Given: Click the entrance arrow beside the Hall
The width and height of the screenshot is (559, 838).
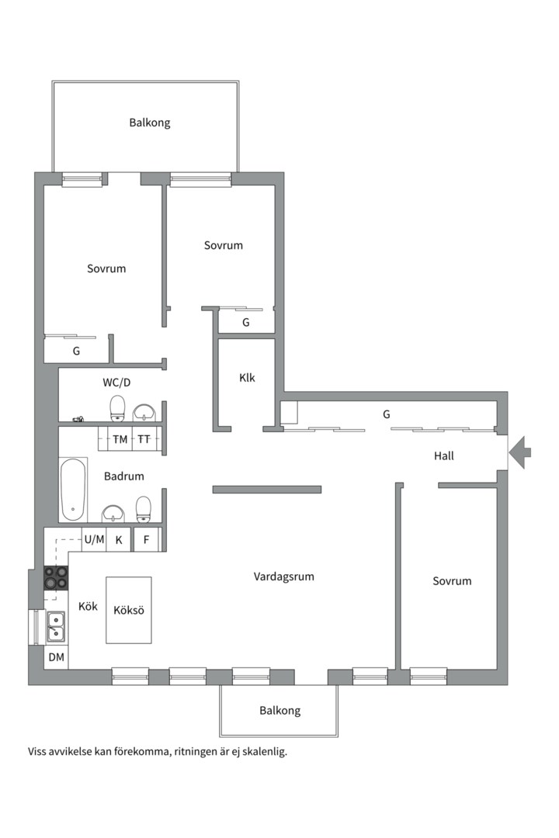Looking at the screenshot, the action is coord(519,452).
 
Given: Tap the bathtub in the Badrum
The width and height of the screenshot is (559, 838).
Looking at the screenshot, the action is coord(73,489).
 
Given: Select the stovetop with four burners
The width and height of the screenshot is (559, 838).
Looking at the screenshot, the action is coord(56,578).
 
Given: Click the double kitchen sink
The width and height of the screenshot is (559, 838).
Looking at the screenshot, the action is coord(56,626).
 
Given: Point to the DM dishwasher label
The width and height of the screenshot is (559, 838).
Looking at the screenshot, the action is coord(56,657).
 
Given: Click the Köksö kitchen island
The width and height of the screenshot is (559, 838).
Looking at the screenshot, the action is coord(128,610).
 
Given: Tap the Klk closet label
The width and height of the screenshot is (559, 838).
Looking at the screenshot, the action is coord(247,378).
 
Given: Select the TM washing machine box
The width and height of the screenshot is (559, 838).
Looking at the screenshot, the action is coord(120,439).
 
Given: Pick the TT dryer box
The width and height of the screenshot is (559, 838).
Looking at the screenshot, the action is coord(144,439).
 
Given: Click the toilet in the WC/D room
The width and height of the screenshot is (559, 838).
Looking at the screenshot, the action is coord(117,408).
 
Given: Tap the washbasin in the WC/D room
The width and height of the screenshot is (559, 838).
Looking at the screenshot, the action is coord(144,413).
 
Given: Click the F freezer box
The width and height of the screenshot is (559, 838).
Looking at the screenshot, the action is coord(146,540).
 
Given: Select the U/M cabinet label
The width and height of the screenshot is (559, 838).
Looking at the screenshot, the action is coord(94,540).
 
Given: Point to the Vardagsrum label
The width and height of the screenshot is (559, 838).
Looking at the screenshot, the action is coord(283,577).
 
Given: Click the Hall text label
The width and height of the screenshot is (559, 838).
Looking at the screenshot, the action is coord(444,456).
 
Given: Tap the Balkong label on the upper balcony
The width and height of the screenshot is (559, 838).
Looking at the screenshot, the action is coord(150,123).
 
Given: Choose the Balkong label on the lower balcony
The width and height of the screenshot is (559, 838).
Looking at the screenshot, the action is coord(279,711).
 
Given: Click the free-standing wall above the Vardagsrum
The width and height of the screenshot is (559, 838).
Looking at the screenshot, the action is coord(267,490).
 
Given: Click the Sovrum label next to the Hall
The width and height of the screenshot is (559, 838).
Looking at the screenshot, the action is coord(452,581).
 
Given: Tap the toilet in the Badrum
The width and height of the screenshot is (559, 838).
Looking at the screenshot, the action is coord(144,509).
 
